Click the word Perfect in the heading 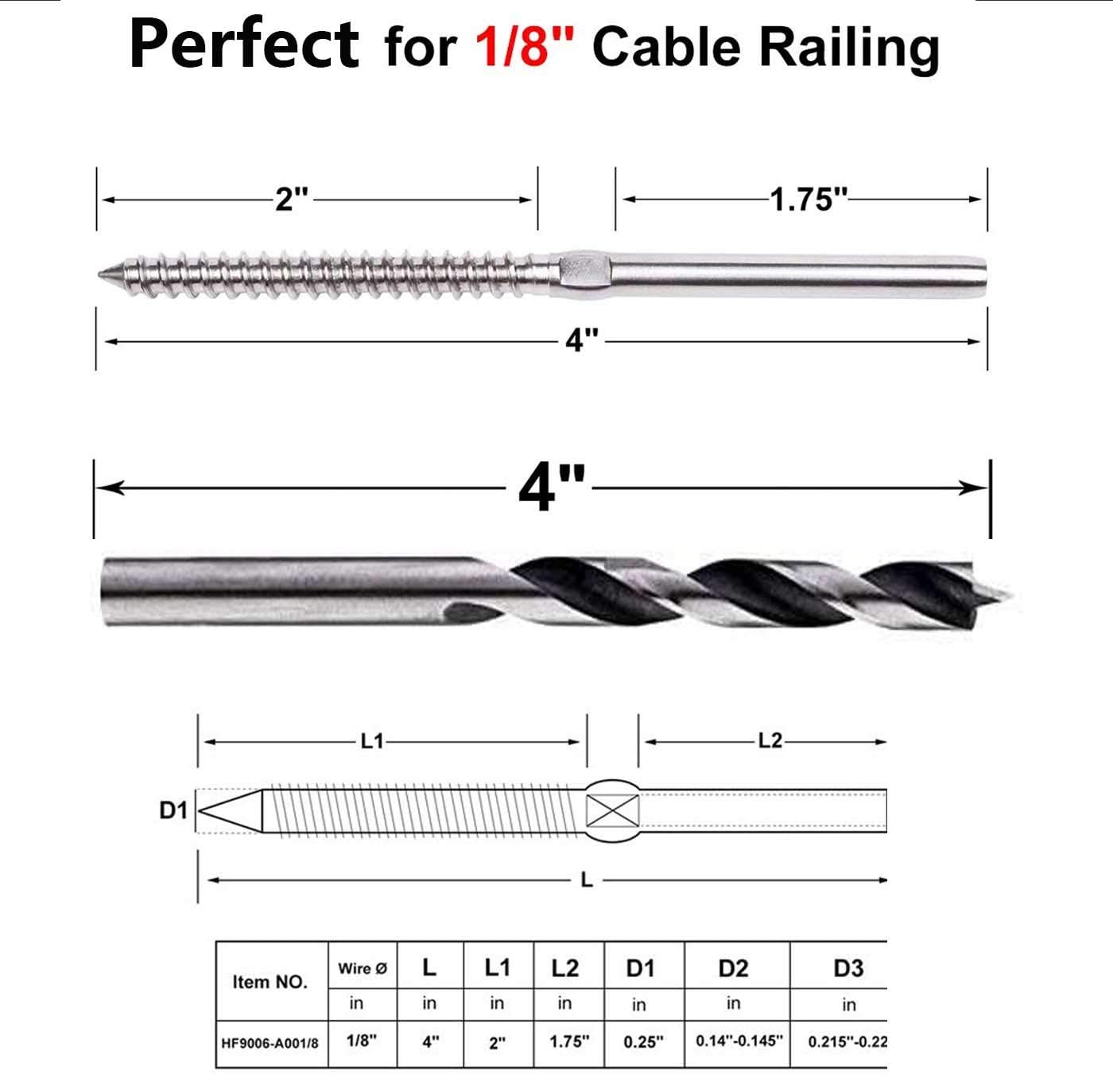[x=244, y=45]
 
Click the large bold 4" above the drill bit [x=552, y=487]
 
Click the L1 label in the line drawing [x=372, y=742]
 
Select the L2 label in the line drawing [x=770, y=742]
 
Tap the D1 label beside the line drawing [x=173, y=810]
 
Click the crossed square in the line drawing [x=612, y=811]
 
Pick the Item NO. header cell [x=270, y=982]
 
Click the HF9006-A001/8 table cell [x=270, y=1042]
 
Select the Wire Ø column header [x=363, y=968]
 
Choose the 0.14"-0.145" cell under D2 [x=739, y=1041]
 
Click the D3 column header [x=847, y=968]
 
